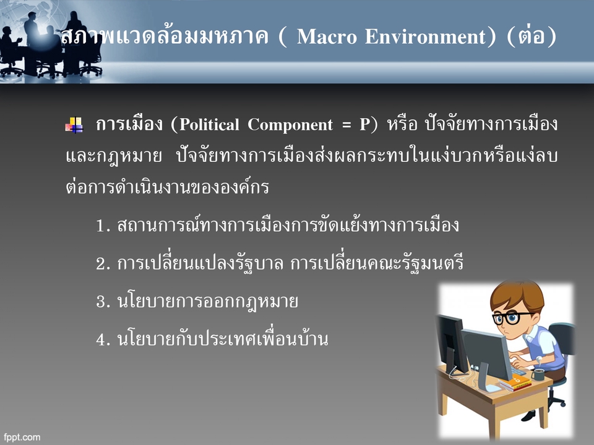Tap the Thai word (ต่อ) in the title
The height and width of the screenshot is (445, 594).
coord(532,36)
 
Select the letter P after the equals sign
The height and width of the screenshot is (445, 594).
coord(364,125)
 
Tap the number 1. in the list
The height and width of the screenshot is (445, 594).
coord(103,226)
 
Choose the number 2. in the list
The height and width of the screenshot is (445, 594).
coord(103,265)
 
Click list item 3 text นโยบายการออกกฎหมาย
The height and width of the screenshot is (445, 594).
coord(207,302)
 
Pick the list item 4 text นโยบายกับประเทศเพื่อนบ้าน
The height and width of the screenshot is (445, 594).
coord(222,339)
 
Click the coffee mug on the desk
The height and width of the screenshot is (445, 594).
coord(538,375)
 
